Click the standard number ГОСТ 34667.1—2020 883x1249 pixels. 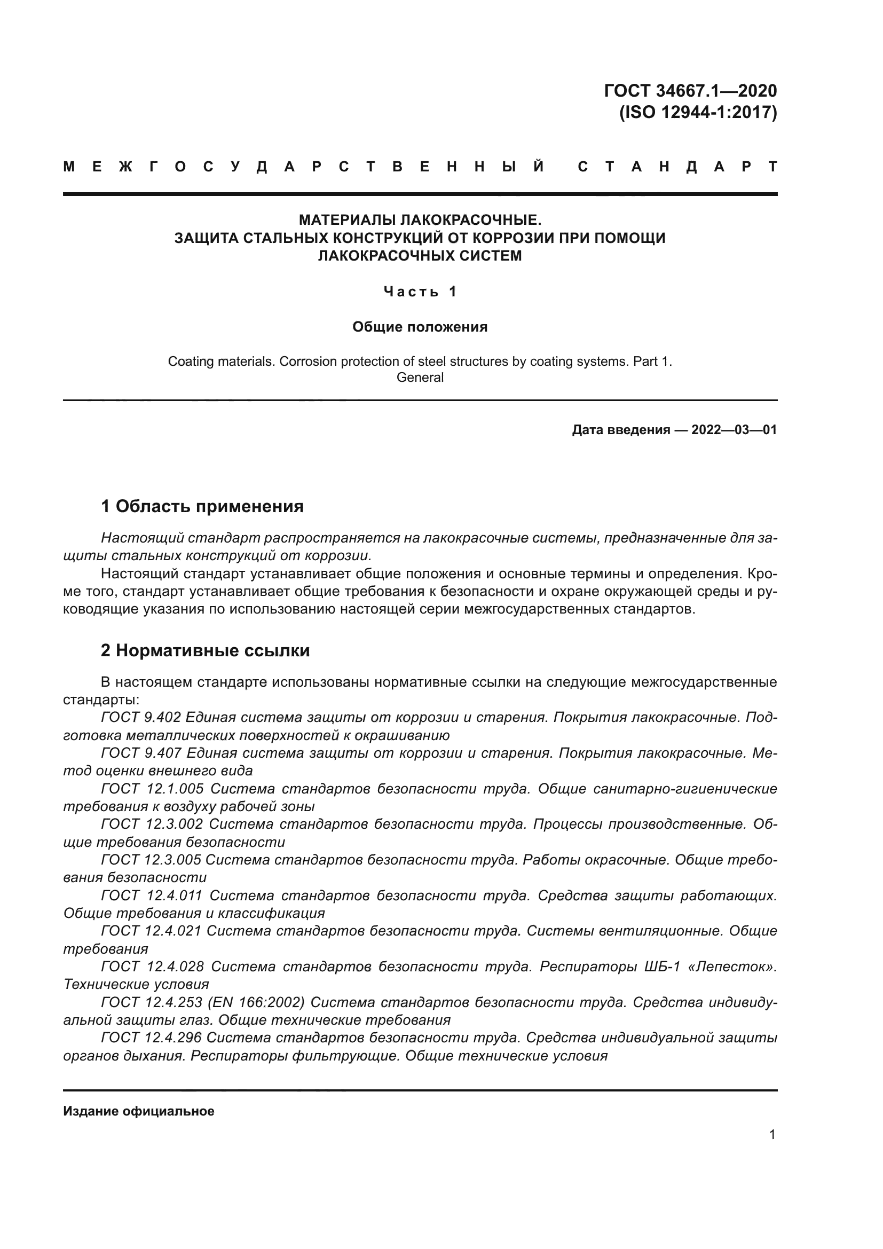[x=690, y=90]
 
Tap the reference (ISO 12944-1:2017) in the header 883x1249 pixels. [x=698, y=112]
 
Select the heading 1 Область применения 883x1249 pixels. [x=202, y=506]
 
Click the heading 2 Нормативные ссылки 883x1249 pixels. [x=205, y=650]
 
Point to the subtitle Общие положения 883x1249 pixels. [x=420, y=327]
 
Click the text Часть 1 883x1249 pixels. [x=420, y=292]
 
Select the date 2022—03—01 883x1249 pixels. [x=734, y=430]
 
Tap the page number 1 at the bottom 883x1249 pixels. [x=772, y=1135]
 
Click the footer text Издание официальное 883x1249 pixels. [x=139, y=1111]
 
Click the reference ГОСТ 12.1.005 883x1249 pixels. [x=152, y=789]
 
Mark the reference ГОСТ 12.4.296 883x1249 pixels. [x=151, y=1038]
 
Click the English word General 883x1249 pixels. [x=420, y=378]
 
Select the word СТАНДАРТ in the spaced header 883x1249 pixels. [x=677, y=167]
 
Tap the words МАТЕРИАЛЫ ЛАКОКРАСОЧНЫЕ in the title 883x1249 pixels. [x=420, y=221]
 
